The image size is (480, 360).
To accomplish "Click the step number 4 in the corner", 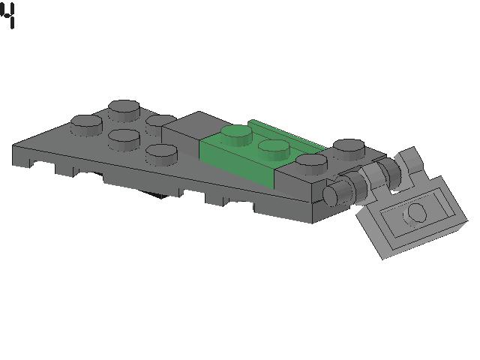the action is [8, 15].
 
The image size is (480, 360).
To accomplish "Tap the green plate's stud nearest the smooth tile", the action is [237, 135].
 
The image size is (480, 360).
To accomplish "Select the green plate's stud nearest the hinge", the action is [274, 149].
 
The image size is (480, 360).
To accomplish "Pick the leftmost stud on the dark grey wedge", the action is [87, 125].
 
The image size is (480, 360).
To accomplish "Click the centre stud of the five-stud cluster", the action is [124, 139].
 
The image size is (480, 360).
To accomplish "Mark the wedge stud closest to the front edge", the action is [161, 154].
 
